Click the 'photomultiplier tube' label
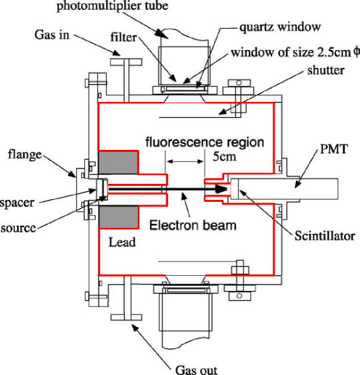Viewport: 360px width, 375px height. (112, 6)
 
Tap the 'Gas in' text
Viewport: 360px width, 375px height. (52, 35)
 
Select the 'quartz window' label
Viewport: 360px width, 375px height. (280, 27)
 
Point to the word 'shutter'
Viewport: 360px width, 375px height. (326, 71)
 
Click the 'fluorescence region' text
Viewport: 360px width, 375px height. (205, 143)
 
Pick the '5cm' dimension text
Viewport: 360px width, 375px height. (225, 157)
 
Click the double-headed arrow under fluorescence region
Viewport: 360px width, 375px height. (185, 161)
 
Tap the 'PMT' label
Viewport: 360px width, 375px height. (334, 149)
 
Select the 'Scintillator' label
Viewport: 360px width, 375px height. (325, 236)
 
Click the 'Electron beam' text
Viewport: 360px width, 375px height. (193, 226)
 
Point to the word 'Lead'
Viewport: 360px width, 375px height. (122, 242)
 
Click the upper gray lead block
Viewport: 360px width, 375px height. (118, 163)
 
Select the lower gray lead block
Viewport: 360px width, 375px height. (119, 217)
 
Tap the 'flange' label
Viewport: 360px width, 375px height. (25, 155)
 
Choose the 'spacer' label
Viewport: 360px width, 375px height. (17, 203)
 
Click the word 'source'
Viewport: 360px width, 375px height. (19, 228)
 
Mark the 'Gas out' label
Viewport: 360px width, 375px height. (197, 370)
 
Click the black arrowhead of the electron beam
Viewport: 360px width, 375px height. (221, 189)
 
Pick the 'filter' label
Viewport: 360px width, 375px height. (123, 37)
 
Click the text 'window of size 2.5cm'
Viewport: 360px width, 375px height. (291, 53)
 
